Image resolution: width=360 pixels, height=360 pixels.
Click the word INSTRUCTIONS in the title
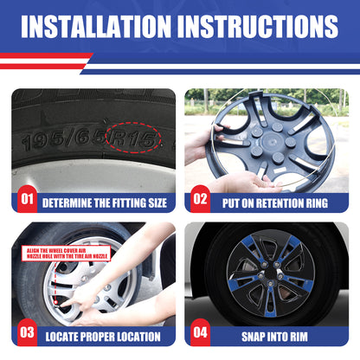tap(265, 27)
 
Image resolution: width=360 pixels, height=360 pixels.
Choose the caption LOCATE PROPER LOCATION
tap(105, 336)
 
